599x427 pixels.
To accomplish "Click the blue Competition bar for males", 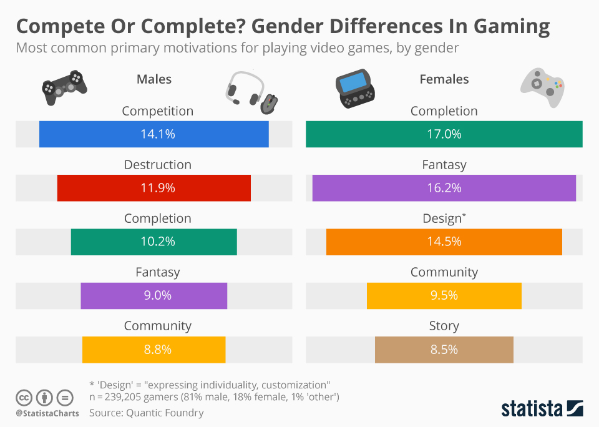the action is coord(154,134).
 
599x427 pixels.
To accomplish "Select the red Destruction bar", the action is coord(154,188).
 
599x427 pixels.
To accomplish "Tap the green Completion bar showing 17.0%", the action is coord(444,134).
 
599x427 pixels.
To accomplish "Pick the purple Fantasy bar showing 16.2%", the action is coord(444,188).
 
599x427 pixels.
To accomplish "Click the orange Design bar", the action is coord(444,242).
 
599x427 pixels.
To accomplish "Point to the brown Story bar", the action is coord(444,350).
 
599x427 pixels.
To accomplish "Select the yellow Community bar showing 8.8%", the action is coord(154,350).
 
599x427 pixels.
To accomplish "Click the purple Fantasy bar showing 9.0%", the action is coord(154,296).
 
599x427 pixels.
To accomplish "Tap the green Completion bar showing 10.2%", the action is coord(154,242).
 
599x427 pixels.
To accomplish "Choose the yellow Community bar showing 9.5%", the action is coord(444,296).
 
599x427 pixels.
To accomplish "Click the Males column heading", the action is coord(154,79).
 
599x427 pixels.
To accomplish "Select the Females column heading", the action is coord(444,79).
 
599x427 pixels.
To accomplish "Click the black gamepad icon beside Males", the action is coord(64,87).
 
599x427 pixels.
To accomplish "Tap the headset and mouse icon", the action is coord(251,93).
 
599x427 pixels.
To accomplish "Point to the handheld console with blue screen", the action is coord(355,89).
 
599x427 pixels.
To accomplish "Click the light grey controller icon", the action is coord(542,87).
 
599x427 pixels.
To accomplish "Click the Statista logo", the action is coord(542,409).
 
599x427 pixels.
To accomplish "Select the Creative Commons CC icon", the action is coord(24,398).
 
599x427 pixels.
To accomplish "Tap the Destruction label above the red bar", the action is coord(158,165).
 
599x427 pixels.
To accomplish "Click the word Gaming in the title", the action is coord(512,27).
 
